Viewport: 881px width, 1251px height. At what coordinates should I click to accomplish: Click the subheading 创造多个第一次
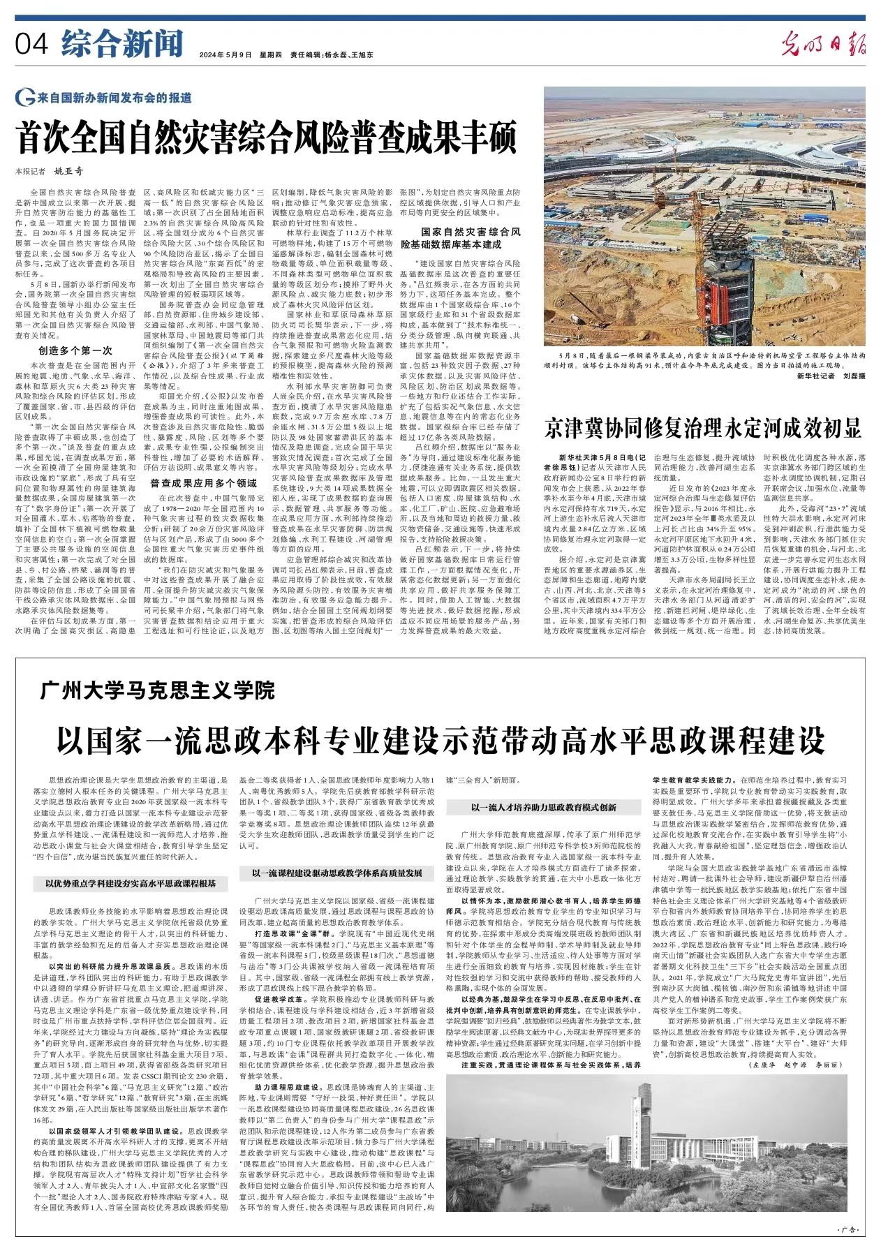pos(75,350)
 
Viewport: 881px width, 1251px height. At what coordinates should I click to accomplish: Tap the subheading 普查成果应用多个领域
pos(204,483)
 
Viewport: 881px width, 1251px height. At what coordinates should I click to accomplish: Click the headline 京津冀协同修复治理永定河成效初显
pos(703,428)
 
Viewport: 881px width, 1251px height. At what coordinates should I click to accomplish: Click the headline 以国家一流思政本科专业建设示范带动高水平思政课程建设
pos(440,739)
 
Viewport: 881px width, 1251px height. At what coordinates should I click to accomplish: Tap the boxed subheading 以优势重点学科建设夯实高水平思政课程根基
pos(131,884)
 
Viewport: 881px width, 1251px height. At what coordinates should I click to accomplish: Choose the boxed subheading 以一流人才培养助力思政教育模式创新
pos(543,808)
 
